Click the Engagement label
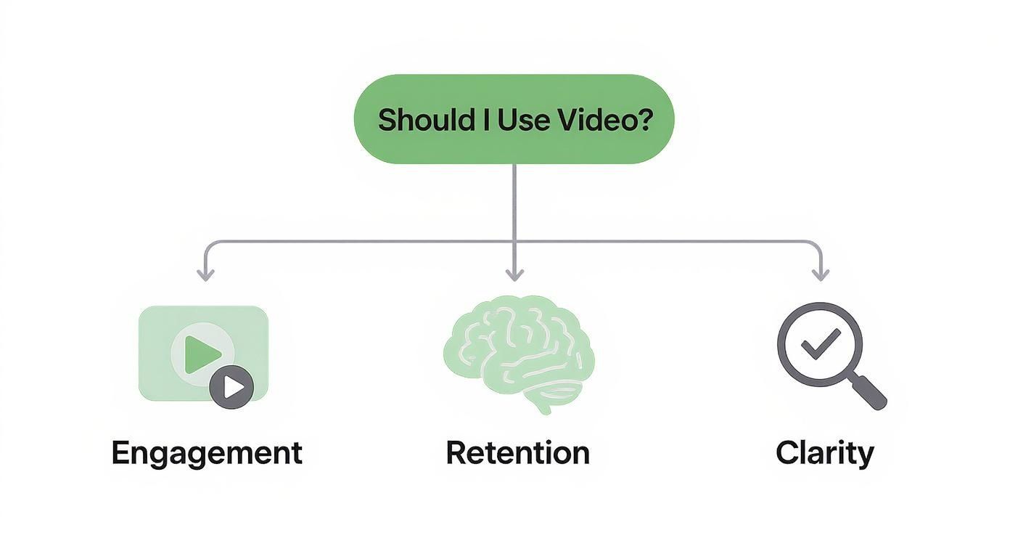(207, 453)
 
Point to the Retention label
(517, 453)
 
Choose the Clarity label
(824, 453)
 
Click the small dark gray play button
(231, 387)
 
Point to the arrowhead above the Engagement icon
(206, 274)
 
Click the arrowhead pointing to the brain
(514, 274)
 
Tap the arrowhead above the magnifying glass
(821, 274)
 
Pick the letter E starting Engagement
(120, 452)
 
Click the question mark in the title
(643, 120)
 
